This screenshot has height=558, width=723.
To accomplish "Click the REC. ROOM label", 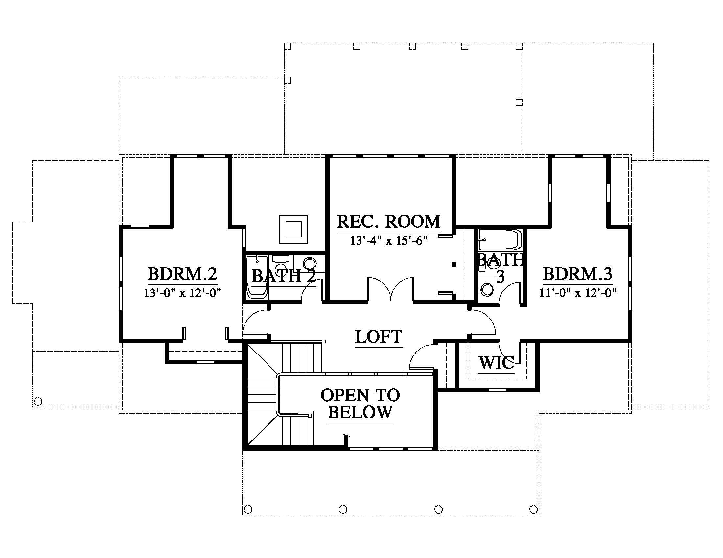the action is tap(389, 222).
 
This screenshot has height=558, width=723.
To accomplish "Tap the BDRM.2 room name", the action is tap(182, 274).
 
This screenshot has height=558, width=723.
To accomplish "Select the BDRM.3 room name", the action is tap(578, 274).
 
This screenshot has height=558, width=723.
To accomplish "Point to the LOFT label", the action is tap(379, 337).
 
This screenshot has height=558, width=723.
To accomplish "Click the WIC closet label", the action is tap(497, 363).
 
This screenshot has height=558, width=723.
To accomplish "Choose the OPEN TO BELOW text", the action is tap(360, 404).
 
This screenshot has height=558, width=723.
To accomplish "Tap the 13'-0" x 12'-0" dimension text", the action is tap(182, 293).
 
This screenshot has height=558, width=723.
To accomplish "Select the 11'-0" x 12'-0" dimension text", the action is tap(578, 293).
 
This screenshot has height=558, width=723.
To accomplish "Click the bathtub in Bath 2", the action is tap(257, 277).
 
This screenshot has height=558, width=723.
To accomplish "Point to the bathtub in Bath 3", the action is tap(500, 240).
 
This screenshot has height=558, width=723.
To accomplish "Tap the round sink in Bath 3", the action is tap(487, 290).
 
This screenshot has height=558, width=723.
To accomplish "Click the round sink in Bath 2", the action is tap(310, 264).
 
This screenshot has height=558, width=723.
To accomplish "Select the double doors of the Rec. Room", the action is tap(391, 289).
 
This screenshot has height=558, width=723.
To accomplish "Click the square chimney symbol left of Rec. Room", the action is tap(293, 229).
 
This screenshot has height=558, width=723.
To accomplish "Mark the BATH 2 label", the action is tap(283, 276).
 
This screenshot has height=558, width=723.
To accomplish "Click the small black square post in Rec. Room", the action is tap(454, 264).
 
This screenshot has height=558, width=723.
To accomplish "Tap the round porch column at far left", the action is tap(38, 402).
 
